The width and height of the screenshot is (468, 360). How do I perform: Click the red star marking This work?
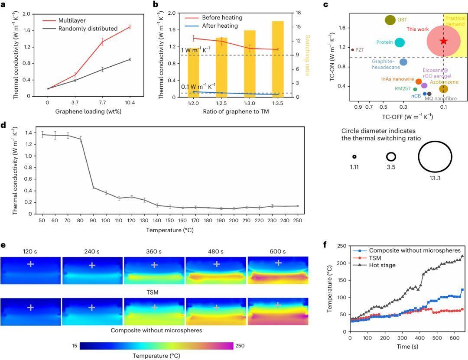click(443, 41)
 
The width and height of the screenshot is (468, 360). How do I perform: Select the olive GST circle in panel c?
click(390, 20)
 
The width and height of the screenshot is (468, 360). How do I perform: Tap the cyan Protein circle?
click(400, 42)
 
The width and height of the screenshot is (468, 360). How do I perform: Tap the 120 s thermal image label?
click(31, 251)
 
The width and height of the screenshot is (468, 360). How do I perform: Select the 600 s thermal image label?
click(277, 251)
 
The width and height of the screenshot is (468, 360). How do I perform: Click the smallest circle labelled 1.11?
click(354, 157)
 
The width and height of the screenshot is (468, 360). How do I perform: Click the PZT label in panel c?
click(360, 50)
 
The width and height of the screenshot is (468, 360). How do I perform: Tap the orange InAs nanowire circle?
click(419, 81)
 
